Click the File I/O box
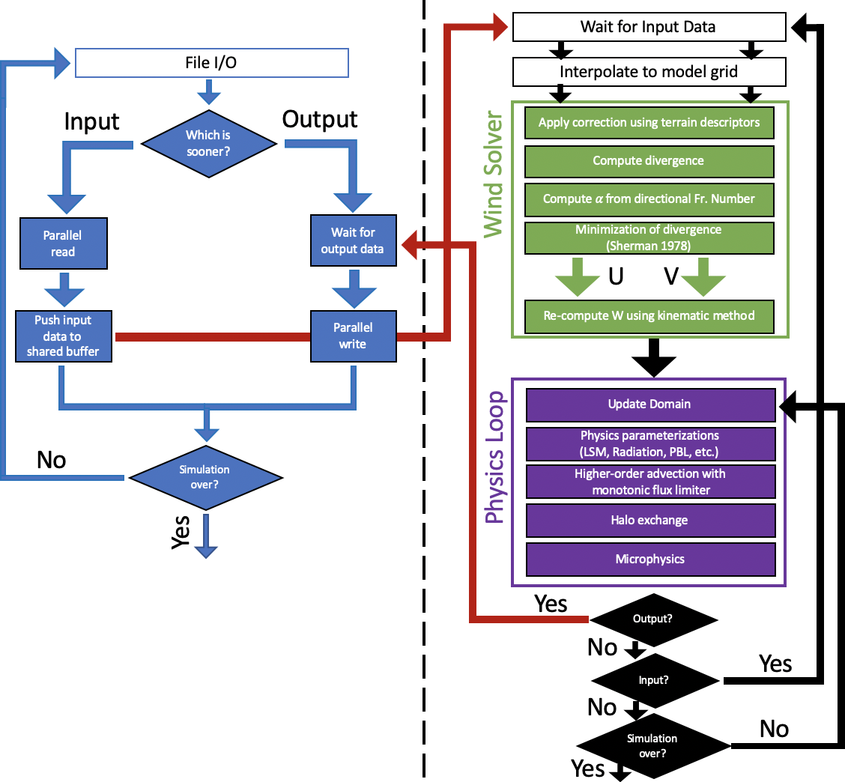(212, 63)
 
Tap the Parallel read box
(63, 243)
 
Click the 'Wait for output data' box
(352, 240)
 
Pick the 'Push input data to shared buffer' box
(63, 336)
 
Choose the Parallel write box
(352, 336)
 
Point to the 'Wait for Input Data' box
(648, 28)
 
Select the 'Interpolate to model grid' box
(648, 72)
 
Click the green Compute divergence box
(649, 160)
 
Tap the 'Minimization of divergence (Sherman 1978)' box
(649, 237)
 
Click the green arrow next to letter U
(572, 276)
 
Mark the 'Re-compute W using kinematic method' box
(649, 315)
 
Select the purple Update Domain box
(649, 404)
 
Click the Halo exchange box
(649, 520)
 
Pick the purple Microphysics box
(649, 559)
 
